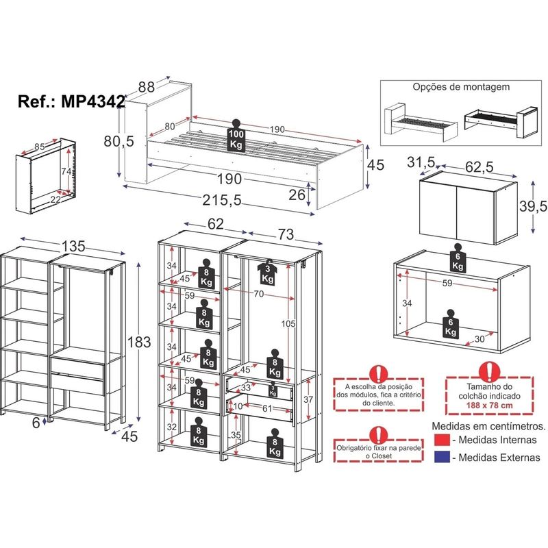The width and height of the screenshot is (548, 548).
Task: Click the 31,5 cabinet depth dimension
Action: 421,162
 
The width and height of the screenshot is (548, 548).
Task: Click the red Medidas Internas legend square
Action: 442,440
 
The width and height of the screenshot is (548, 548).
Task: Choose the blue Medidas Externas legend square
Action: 442,457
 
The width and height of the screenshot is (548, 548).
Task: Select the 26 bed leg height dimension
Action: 297,195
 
